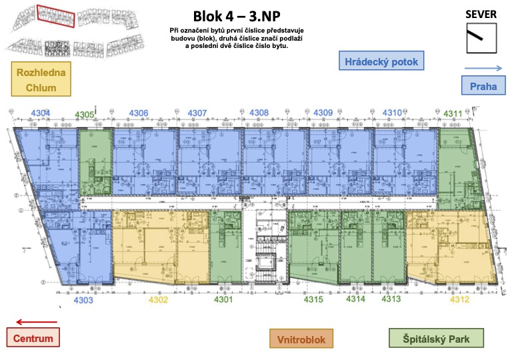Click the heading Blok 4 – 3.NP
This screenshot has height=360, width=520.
[x=237, y=16]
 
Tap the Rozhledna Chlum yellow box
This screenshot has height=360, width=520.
[x=41, y=80]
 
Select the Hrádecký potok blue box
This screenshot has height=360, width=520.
[x=381, y=63]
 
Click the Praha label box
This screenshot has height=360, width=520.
[x=483, y=86]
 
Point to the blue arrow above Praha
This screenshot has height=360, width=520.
[x=483, y=68]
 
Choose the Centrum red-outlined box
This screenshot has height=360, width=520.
[x=34, y=339]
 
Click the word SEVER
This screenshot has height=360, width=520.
[x=481, y=14]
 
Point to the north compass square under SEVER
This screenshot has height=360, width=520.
[x=481, y=38]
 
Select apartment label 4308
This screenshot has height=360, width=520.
[x=259, y=113]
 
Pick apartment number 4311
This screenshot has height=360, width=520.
[x=453, y=113]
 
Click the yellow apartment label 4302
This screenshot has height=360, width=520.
[x=158, y=300]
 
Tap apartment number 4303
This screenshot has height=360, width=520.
[x=83, y=301]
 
